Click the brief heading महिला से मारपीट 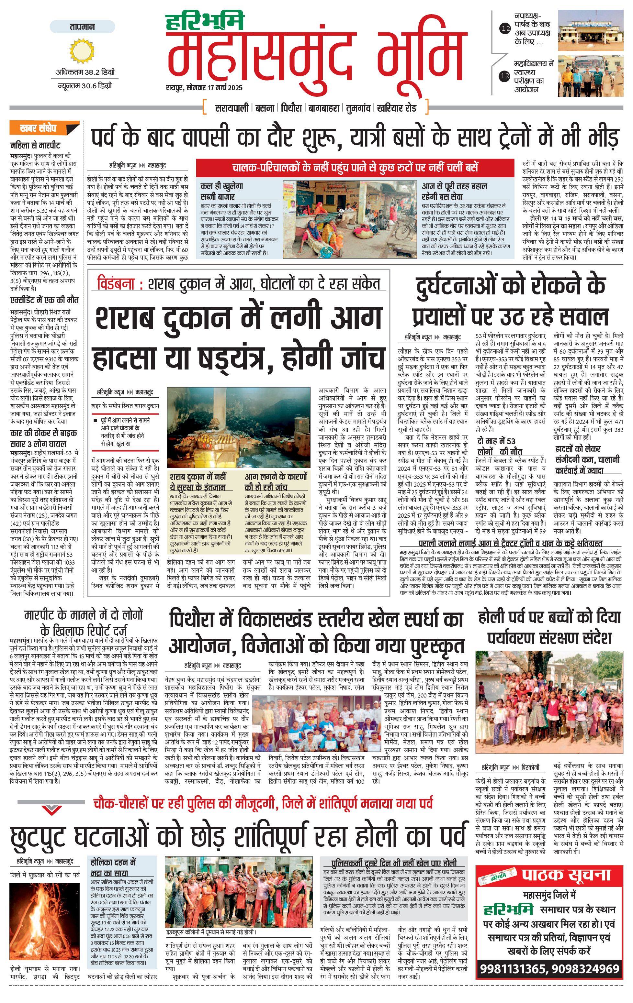[35, 145]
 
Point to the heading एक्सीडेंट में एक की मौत [44, 300]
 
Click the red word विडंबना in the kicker [116, 284]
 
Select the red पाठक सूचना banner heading [565, 875]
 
